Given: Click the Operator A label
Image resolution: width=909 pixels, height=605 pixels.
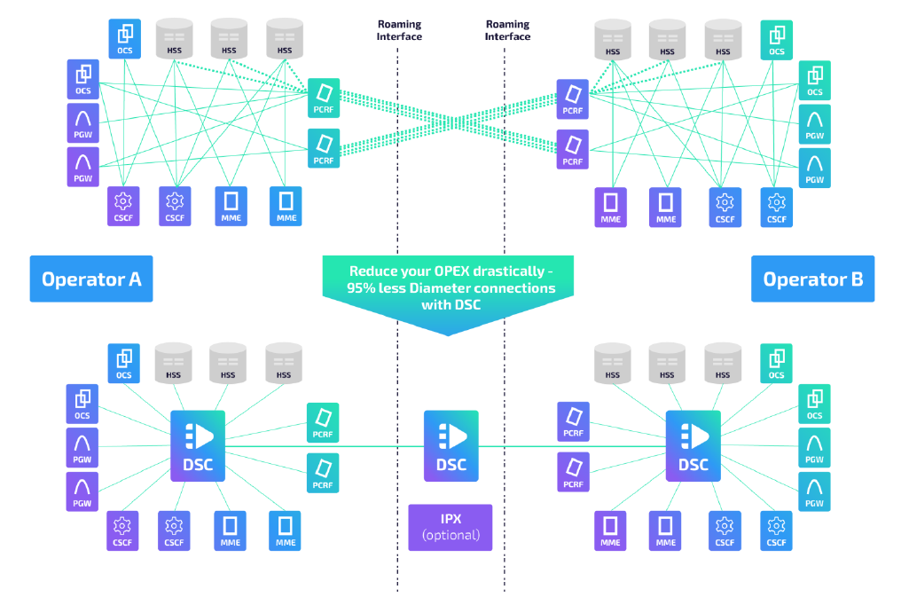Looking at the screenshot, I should (x=91, y=279).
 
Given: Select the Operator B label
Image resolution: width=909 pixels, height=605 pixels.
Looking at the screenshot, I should (x=812, y=279).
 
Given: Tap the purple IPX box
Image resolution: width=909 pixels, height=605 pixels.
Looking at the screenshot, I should (x=451, y=527).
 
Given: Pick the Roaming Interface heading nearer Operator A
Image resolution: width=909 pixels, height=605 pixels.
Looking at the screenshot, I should (x=399, y=30).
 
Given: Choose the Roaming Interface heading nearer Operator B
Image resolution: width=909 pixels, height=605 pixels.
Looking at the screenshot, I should (x=508, y=30).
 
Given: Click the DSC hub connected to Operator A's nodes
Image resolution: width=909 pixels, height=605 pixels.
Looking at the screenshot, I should (x=198, y=445).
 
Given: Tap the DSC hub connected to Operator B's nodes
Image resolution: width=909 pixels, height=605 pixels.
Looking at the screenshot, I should (x=694, y=445).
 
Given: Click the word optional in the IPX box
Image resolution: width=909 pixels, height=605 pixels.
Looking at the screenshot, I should (x=451, y=535).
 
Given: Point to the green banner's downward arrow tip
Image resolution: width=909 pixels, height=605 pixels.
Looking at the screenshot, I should (x=451, y=334).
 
